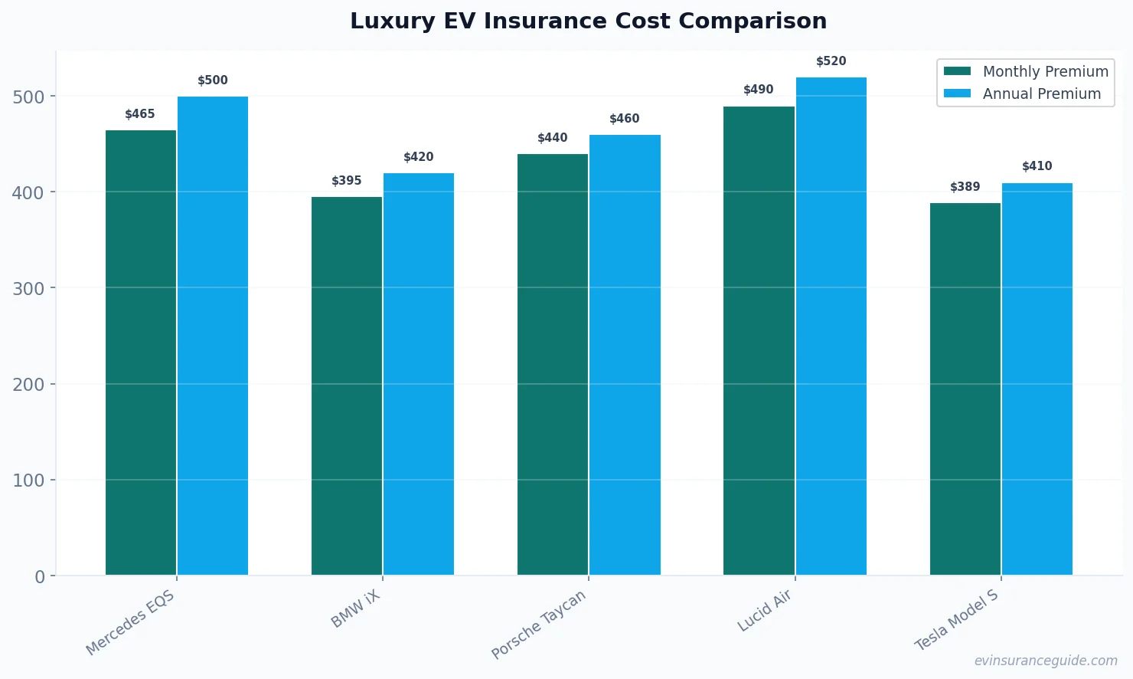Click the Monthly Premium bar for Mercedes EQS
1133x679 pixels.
pos(141,353)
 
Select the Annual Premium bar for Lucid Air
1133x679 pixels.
pos(831,326)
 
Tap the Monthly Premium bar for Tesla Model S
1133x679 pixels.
pos(965,389)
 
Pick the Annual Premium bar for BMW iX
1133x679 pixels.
pos(419,374)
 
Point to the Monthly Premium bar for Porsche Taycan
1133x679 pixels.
pos(553,365)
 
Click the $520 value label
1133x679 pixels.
pos(831,61)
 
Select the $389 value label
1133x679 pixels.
pos(965,187)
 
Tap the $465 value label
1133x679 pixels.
pos(140,114)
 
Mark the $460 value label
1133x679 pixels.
pos(625,119)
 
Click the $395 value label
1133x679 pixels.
pos(347,181)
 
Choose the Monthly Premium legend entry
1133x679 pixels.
pos(1026,71)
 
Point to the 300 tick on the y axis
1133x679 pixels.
pos(28,289)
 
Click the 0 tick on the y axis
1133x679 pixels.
pos(40,577)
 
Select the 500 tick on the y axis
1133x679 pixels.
pos(28,97)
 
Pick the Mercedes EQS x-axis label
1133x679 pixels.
pos(131,623)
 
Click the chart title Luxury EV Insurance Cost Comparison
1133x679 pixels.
pos(589,21)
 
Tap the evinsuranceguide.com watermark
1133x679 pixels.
pos(1046,661)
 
